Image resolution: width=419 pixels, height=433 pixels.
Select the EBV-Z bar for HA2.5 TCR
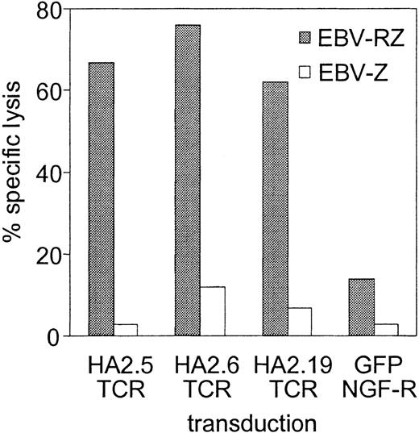click(x=126, y=330)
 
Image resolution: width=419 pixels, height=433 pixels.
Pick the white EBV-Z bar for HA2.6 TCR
click(x=213, y=311)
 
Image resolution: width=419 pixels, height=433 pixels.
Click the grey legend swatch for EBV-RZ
click(x=307, y=37)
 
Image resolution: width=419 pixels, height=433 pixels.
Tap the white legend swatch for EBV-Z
click(x=307, y=73)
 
